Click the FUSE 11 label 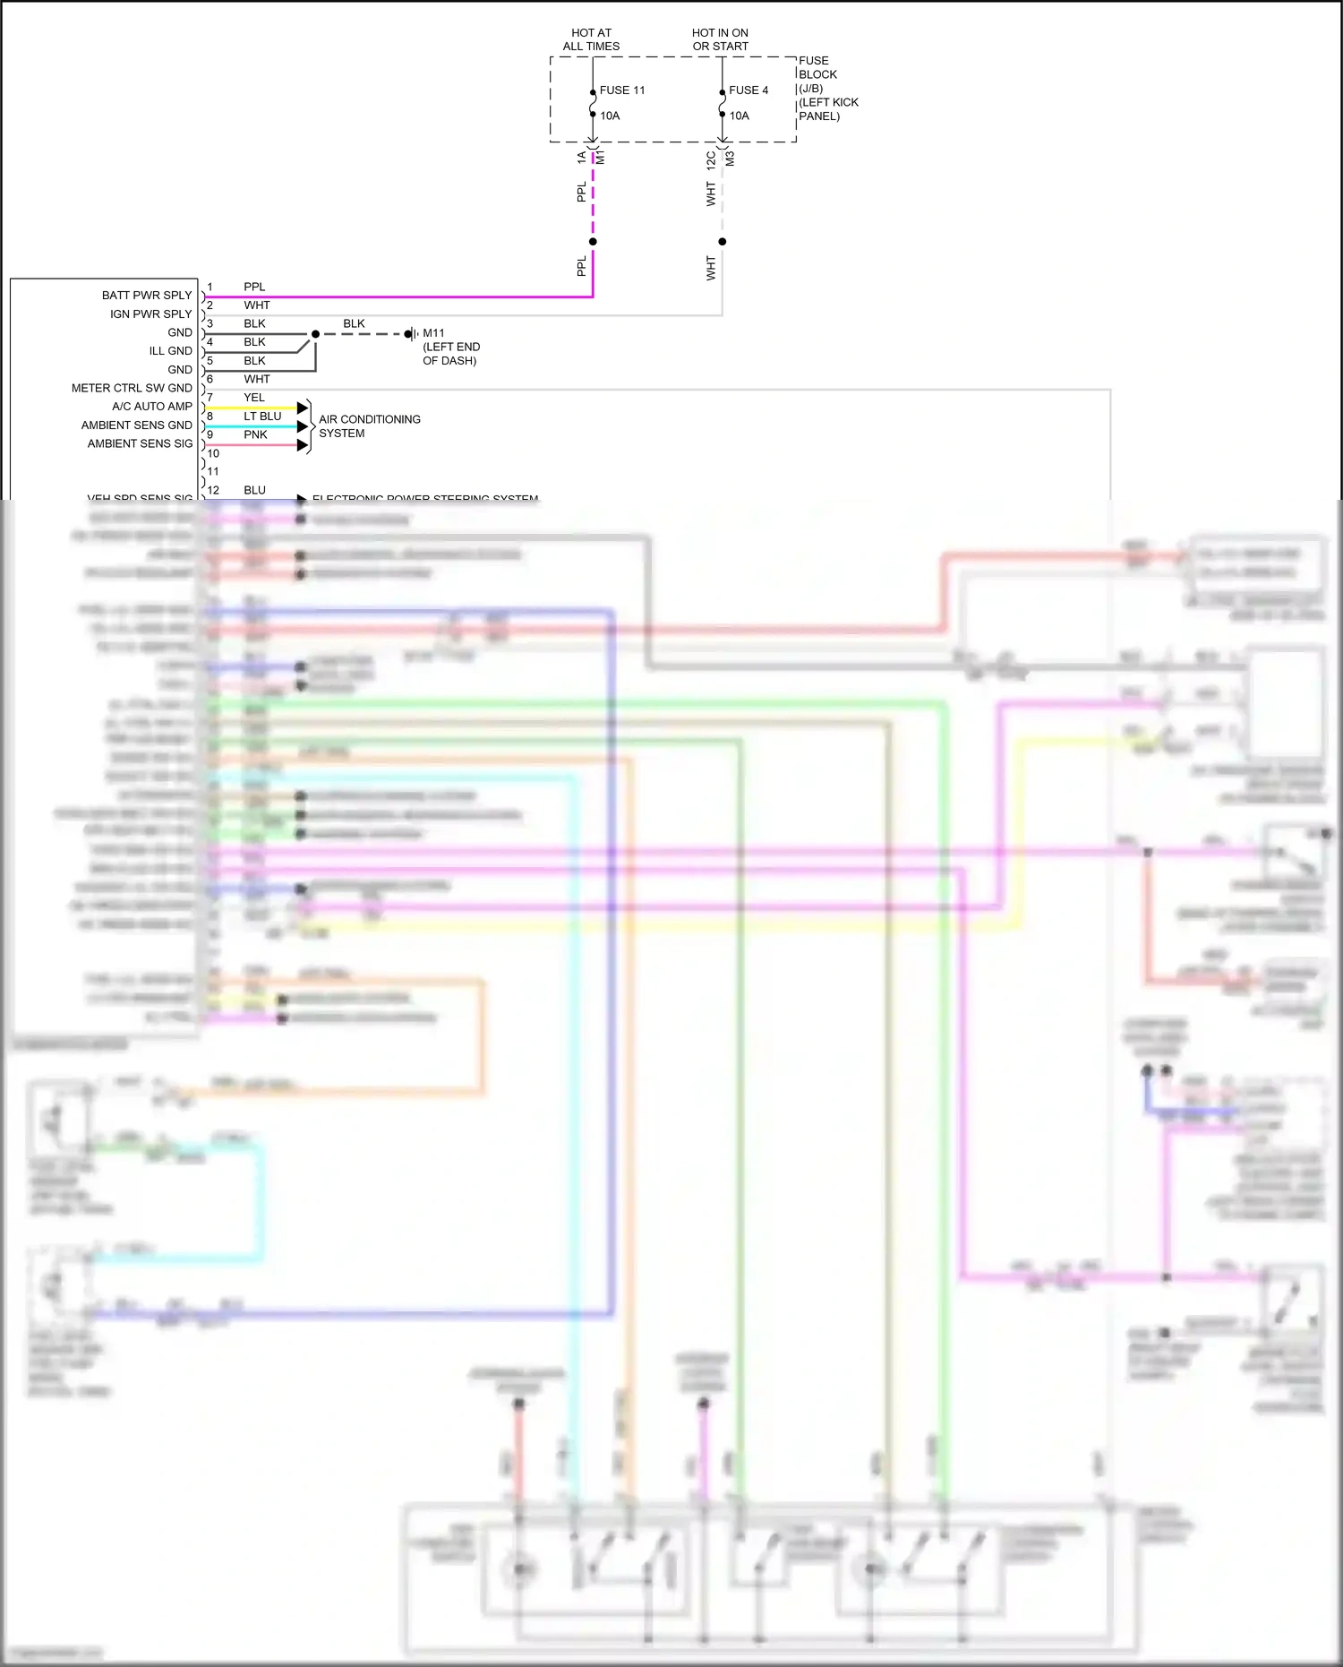(621, 90)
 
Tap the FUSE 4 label (748, 90)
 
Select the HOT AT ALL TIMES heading (591, 39)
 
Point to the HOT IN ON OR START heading (720, 39)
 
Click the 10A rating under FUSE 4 (739, 116)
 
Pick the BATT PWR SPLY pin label (147, 296)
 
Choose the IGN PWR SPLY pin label (150, 314)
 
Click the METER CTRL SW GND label (132, 388)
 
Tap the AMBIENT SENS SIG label (140, 443)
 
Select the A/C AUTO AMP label (151, 407)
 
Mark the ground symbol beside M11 (411, 334)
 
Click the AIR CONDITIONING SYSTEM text (369, 426)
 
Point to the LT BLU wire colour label (262, 417)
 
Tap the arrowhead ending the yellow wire (303, 408)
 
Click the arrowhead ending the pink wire (303, 445)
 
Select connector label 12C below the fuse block (711, 159)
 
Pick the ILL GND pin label (170, 351)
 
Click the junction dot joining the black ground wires (315, 334)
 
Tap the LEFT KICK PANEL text (827, 109)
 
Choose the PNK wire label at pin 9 (255, 435)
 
